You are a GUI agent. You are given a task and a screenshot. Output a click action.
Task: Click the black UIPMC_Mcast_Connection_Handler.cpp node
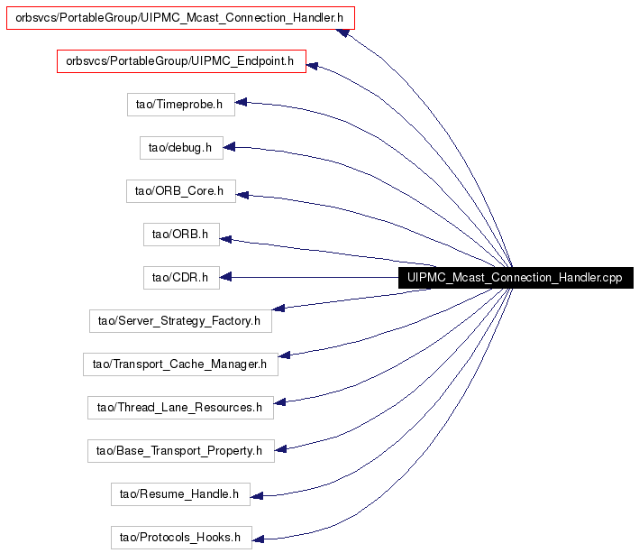(x=516, y=278)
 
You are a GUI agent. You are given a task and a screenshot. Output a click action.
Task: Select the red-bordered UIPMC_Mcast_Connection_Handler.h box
(x=180, y=18)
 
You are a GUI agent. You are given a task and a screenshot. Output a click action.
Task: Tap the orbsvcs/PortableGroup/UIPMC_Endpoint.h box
(x=181, y=61)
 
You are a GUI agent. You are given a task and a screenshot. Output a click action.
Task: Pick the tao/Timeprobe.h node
(x=181, y=105)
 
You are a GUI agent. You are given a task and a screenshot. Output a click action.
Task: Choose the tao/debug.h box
(x=181, y=148)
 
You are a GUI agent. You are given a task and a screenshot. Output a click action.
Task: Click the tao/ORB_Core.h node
(x=181, y=191)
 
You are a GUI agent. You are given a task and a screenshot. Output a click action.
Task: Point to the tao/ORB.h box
(x=181, y=235)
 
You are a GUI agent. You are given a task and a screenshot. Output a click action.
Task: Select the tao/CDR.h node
(x=181, y=278)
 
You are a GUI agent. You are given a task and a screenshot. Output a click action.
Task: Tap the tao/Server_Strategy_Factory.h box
(x=180, y=321)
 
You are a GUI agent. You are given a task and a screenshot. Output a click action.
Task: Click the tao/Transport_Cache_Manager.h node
(x=180, y=364)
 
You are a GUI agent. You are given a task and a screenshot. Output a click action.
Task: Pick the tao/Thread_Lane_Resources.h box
(x=180, y=408)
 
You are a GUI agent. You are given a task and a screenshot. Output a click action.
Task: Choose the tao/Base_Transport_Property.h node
(x=181, y=451)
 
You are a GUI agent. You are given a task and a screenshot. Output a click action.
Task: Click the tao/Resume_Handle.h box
(x=180, y=494)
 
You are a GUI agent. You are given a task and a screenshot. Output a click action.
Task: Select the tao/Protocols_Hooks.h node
(x=181, y=538)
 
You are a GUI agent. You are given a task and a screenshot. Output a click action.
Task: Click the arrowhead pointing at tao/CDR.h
(x=226, y=277)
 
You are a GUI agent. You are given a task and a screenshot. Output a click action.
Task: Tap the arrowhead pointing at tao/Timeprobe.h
(x=241, y=102)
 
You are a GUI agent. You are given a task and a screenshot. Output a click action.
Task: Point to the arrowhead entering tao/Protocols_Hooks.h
(x=258, y=539)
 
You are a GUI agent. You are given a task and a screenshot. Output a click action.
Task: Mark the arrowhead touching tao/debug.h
(x=229, y=147)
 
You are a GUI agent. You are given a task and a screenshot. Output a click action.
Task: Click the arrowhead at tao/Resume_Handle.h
(x=257, y=496)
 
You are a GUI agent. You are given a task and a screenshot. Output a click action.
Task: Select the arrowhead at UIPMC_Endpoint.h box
(x=312, y=65)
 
